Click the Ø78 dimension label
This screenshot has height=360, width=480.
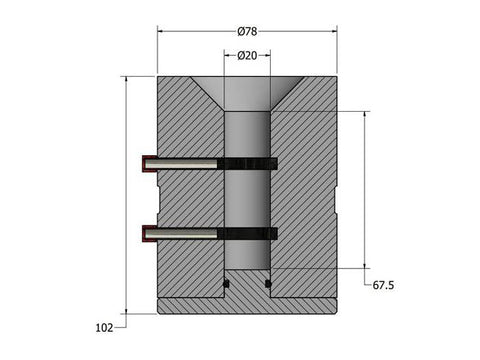point(247,31)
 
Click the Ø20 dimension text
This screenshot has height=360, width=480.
point(247,56)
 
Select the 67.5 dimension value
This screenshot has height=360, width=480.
point(384,285)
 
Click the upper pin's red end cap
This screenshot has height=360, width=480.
point(147,163)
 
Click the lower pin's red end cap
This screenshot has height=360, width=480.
point(147,233)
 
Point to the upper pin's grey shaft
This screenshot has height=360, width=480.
point(185,163)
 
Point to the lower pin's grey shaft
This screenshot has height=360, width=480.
point(185,233)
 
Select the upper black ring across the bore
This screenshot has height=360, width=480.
point(247,163)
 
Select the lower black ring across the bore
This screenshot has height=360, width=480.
point(247,233)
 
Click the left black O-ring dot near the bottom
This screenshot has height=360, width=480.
point(226,284)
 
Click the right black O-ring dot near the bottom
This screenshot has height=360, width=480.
point(267,284)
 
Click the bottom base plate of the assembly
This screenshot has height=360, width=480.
point(247,305)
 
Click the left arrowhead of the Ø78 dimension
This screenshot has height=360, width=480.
point(161,31)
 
